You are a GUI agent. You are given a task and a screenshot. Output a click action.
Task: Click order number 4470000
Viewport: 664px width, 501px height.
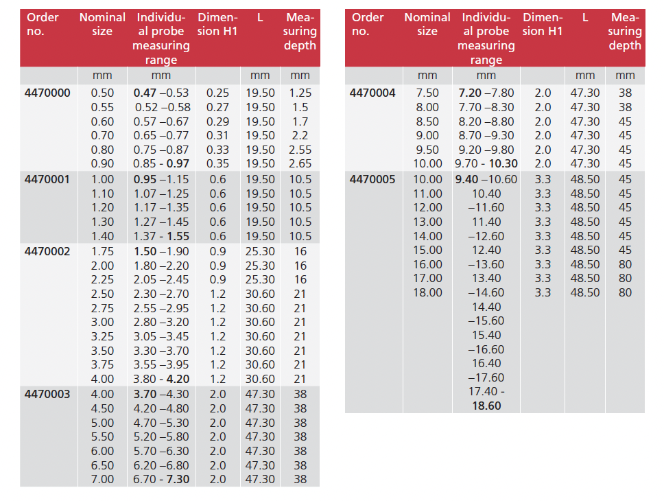[x=47, y=93]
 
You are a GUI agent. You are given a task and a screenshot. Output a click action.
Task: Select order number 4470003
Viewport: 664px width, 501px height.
[x=47, y=395]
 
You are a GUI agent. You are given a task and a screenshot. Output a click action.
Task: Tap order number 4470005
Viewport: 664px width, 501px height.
[x=372, y=180]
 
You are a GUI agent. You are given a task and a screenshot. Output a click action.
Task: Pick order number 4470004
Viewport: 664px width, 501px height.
[x=372, y=93]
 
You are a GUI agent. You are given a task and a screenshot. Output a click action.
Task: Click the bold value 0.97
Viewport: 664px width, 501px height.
[x=178, y=164]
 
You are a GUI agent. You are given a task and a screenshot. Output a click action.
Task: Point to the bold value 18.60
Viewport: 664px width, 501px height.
[x=486, y=406]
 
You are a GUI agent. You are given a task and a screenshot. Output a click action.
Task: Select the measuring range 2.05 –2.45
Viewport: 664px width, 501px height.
[x=161, y=279]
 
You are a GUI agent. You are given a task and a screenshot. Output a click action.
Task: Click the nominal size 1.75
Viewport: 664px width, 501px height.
[x=103, y=251]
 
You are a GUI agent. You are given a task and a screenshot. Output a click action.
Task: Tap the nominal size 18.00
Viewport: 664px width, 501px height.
[x=428, y=292]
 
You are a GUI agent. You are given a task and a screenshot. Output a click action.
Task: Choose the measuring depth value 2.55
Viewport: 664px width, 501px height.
[x=300, y=150]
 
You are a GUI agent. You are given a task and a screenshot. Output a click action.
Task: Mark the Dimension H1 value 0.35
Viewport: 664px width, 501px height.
[x=218, y=164]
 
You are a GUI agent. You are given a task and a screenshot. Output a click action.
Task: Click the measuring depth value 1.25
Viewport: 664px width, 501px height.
[x=300, y=93]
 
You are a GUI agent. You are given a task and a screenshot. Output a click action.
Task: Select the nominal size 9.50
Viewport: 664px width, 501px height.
[x=428, y=150]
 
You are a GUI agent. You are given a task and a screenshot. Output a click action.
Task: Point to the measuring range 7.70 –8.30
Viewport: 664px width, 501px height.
[x=486, y=107]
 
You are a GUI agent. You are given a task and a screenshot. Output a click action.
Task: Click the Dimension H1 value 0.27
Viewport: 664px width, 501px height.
[x=218, y=107]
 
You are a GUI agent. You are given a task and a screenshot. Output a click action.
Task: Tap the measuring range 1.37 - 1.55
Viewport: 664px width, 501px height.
[x=161, y=236]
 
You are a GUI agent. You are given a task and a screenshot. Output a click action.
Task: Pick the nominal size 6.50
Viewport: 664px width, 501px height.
[x=103, y=465]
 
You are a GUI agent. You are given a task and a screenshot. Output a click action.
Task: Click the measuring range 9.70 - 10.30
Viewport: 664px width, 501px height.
[x=486, y=164]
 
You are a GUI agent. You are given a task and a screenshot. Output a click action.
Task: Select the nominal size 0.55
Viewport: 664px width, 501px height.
[x=103, y=107]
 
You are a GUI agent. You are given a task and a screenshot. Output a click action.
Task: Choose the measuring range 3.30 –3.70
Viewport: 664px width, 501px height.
[x=161, y=351]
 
